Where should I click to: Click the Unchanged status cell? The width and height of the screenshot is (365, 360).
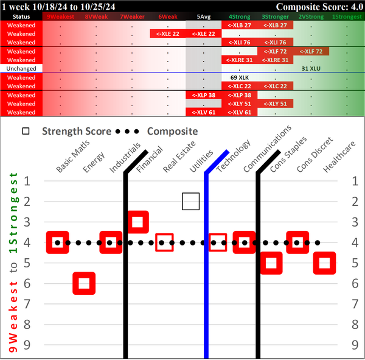(x=21, y=69)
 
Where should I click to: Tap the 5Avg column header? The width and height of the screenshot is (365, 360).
(x=204, y=16)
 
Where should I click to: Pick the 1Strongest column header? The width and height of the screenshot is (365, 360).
(x=347, y=16)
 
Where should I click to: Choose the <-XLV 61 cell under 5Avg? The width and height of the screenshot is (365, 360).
(x=204, y=112)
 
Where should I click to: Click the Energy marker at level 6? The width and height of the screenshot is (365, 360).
(x=84, y=283)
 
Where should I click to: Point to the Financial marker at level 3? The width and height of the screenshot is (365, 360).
(x=137, y=222)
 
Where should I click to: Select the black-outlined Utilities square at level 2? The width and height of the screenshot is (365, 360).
(x=191, y=202)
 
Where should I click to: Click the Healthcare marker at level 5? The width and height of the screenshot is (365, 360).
(x=325, y=263)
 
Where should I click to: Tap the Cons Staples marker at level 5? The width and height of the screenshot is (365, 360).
(x=271, y=263)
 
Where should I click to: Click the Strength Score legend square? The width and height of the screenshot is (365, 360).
(x=26, y=131)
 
